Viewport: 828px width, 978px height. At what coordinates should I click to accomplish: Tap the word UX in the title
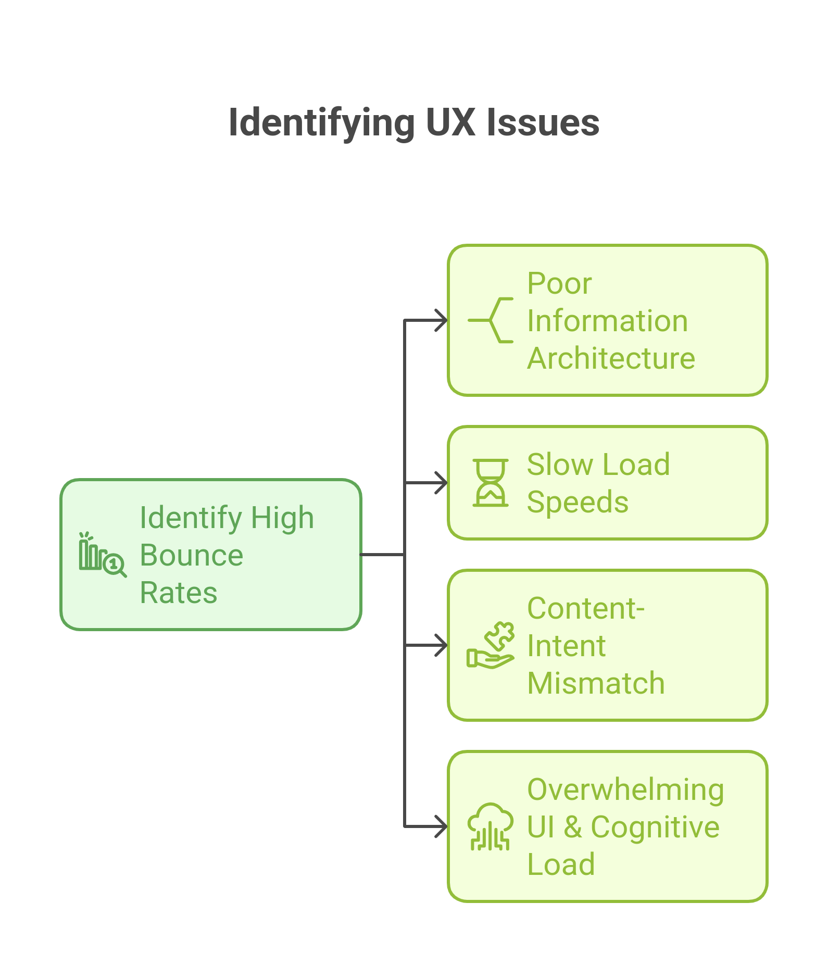click(x=450, y=123)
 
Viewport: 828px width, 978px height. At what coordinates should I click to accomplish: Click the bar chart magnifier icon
click(x=102, y=555)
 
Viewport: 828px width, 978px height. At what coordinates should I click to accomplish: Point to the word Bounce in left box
click(x=191, y=555)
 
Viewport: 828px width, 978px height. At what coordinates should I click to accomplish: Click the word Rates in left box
click(x=178, y=593)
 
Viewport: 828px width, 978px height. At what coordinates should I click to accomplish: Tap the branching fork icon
click(x=491, y=320)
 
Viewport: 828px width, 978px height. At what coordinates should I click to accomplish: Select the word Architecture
click(x=611, y=358)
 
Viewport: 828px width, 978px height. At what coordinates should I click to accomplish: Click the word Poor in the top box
click(x=559, y=283)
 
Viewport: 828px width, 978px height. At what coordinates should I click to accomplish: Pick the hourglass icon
click(x=491, y=483)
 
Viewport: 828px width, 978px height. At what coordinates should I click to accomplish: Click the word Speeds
click(x=578, y=502)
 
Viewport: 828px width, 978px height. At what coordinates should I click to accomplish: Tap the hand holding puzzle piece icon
click(x=491, y=645)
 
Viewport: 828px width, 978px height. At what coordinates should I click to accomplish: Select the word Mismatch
click(x=596, y=683)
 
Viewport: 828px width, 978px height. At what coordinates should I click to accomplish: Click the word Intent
click(x=566, y=646)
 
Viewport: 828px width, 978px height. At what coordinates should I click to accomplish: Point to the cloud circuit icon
click(x=491, y=826)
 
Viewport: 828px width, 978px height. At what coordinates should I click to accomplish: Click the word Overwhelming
click(x=625, y=789)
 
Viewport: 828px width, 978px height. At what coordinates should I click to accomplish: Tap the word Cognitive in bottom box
click(x=655, y=827)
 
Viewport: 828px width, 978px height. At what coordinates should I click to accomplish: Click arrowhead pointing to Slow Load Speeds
click(x=442, y=483)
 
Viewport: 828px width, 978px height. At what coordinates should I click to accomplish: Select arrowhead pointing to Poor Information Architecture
click(x=442, y=320)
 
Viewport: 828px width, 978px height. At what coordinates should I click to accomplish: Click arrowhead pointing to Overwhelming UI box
click(x=442, y=826)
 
